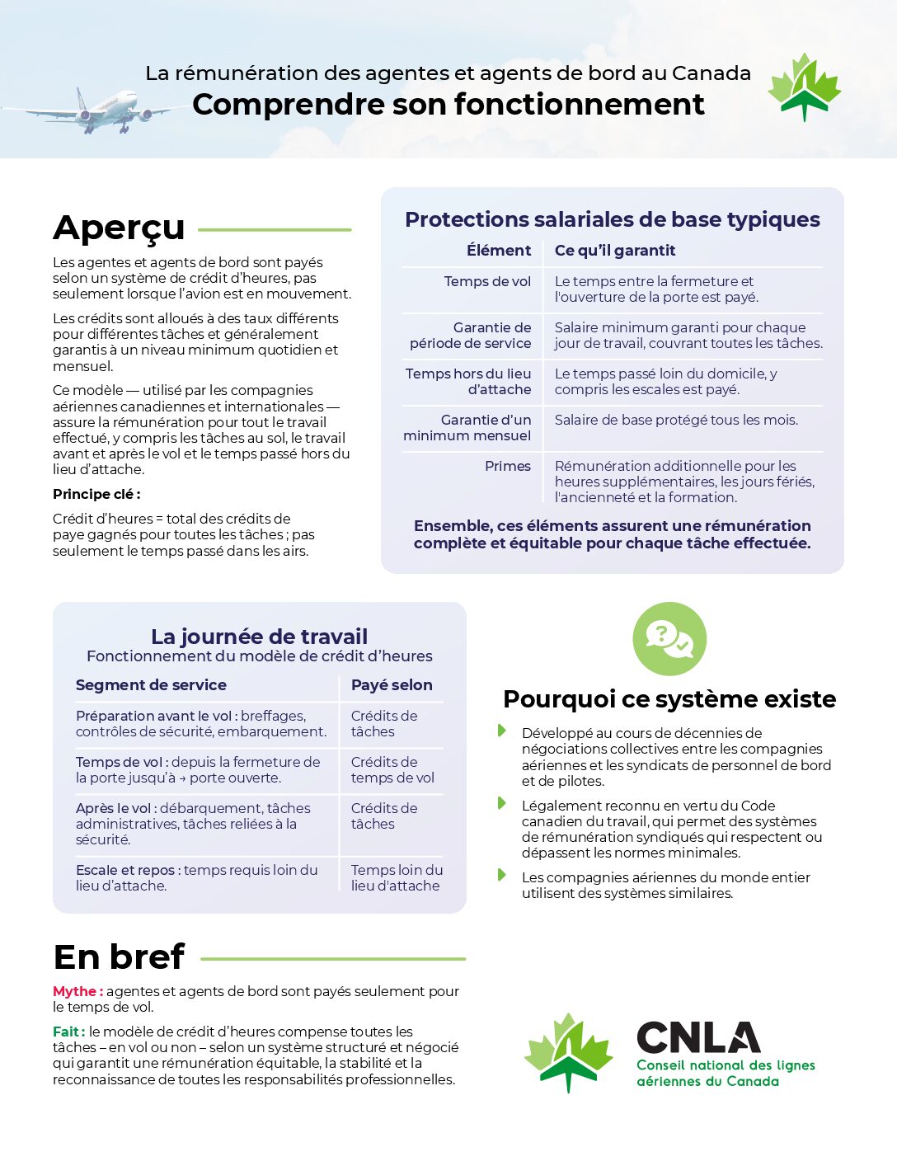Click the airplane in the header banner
click(x=103, y=110)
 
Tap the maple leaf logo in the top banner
click(x=804, y=87)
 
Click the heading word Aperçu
click(x=119, y=228)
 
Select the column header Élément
click(x=498, y=251)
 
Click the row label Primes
click(x=507, y=466)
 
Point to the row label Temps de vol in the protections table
click(x=487, y=281)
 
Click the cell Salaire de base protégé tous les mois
click(x=676, y=420)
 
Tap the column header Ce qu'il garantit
click(x=614, y=251)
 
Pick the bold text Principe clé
click(x=96, y=494)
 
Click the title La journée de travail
click(x=259, y=637)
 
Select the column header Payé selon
click(x=391, y=685)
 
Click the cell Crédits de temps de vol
click(x=392, y=769)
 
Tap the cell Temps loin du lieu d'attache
click(x=397, y=877)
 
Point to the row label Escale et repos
click(x=125, y=870)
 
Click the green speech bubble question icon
click(x=669, y=639)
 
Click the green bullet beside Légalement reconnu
click(x=501, y=803)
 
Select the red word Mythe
click(x=77, y=991)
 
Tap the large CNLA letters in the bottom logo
click(x=698, y=1037)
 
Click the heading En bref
click(x=119, y=957)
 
